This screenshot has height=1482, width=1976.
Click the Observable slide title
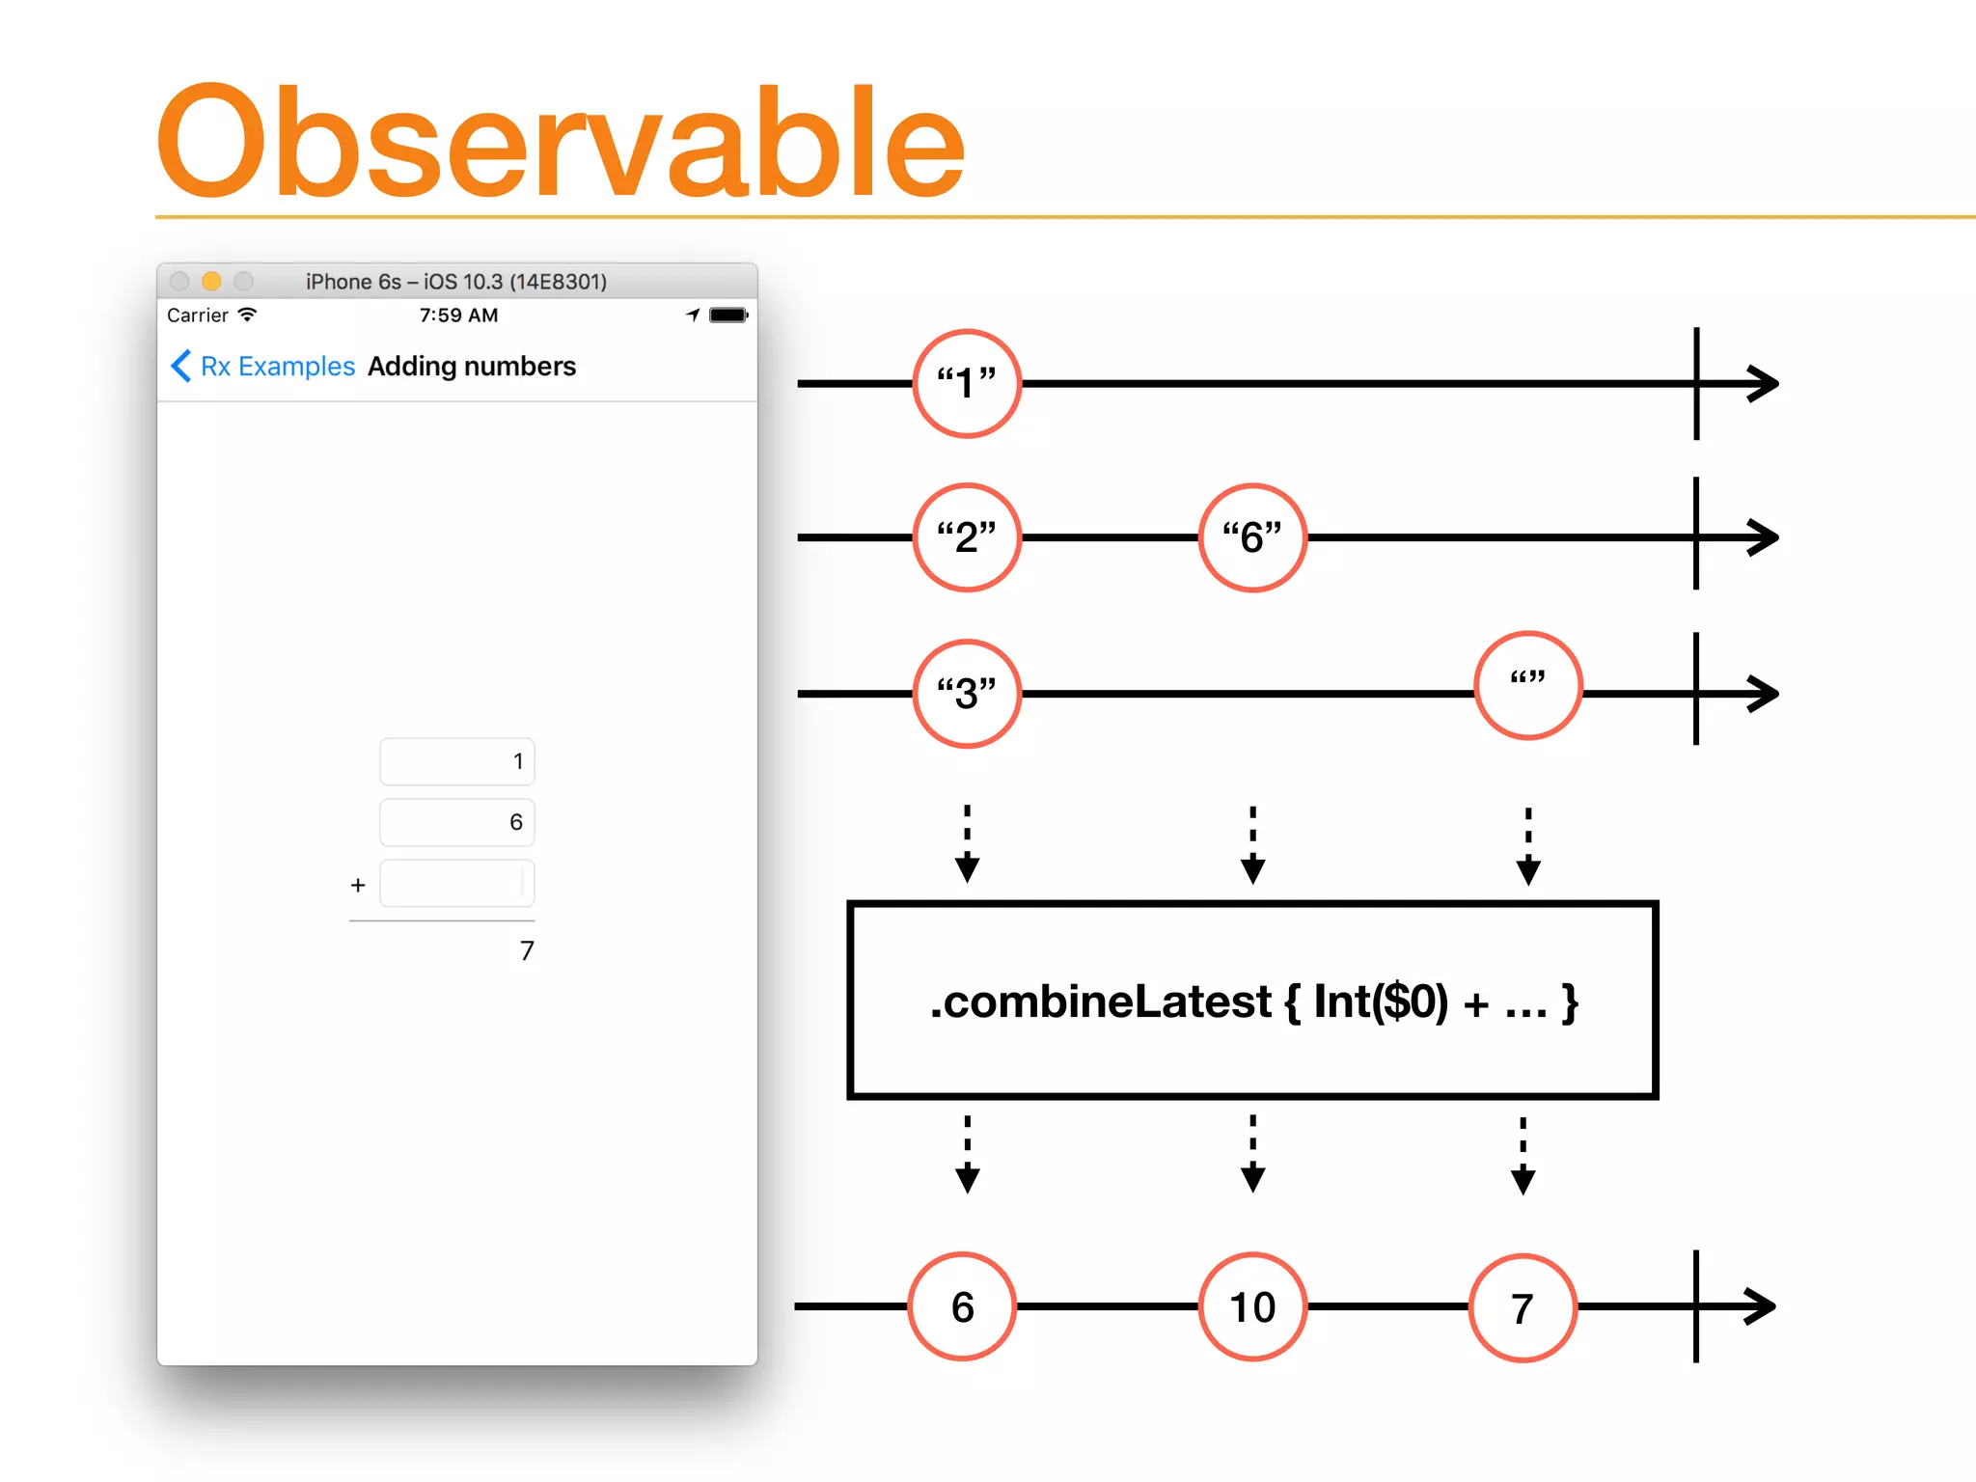[x=560, y=143]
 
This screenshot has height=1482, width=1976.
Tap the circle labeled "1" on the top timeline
[x=967, y=383]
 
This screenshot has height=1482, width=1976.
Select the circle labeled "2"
[x=967, y=537]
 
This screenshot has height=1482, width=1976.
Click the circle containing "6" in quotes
[x=1252, y=537]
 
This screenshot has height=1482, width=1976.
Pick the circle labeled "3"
[x=967, y=694]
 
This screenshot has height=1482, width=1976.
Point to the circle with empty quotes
[x=1528, y=686]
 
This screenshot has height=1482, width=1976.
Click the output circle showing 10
[x=1252, y=1307]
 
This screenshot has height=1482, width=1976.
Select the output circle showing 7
[x=1523, y=1308]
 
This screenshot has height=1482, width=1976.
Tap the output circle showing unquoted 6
[x=962, y=1307]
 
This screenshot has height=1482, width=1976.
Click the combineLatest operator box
[x=1252, y=1001]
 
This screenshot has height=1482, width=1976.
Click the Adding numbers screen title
[x=472, y=367]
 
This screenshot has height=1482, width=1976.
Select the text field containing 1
[x=456, y=762]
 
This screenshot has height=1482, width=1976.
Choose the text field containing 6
[x=456, y=822]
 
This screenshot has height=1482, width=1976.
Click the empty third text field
[x=456, y=884]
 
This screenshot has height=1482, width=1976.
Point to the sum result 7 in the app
[x=526, y=951]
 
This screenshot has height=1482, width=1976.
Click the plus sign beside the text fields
[x=358, y=885]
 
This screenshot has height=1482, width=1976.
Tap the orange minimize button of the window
[x=211, y=281]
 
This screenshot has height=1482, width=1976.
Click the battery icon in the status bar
[x=727, y=315]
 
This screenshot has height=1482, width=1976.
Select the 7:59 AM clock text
[x=458, y=316]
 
